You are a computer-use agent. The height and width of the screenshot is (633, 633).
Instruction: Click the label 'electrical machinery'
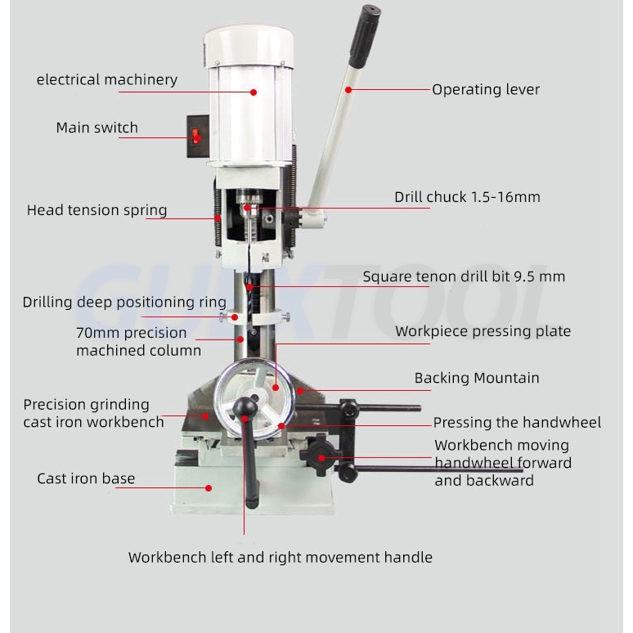click(x=106, y=80)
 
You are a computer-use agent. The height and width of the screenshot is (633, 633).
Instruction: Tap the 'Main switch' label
click(x=97, y=128)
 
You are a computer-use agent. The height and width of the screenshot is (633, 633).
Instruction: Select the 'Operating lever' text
click(x=486, y=90)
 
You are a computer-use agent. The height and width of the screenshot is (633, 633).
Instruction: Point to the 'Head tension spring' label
click(x=97, y=210)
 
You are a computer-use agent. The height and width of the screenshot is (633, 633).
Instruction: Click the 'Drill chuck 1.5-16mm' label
click(x=467, y=197)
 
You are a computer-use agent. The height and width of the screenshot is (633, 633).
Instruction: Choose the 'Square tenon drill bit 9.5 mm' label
click(x=464, y=276)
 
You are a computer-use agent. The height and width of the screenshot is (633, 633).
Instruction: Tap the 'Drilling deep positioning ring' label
click(x=124, y=303)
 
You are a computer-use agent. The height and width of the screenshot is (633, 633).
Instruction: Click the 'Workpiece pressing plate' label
click(x=483, y=331)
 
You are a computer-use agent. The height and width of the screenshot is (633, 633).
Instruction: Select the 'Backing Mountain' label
click(x=476, y=378)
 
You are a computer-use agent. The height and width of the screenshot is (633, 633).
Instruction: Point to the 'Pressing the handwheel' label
click(x=517, y=423)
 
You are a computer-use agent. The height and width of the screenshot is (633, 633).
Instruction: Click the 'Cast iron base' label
click(x=86, y=478)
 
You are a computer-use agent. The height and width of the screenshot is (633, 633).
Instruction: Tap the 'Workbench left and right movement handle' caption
click(x=280, y=558)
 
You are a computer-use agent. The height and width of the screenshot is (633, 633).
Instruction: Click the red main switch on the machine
click(x=196, y=137)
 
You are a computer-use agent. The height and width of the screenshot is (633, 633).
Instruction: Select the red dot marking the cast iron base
click(x=209, y=487)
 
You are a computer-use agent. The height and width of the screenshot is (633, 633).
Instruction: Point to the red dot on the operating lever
click(x=348, y=90)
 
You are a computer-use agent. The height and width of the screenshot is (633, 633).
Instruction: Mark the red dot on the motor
click(x=254, y=92)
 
